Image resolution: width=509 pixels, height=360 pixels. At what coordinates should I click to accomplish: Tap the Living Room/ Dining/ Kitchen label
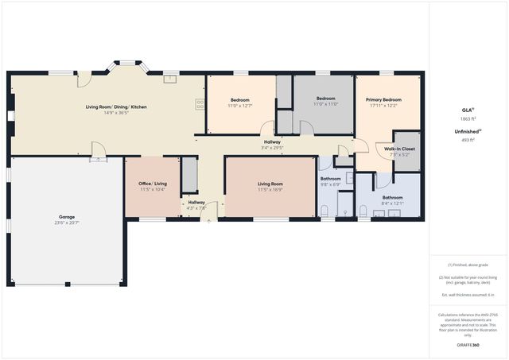pos(116,106)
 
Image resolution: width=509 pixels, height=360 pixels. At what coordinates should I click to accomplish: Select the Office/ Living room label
pos(153,183)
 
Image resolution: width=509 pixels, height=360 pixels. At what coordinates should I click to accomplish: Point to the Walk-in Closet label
pos(399,149)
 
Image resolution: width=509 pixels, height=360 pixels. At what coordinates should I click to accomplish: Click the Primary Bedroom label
pos(383,99)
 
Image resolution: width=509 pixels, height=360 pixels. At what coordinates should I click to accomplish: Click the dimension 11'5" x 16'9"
pos(270,189)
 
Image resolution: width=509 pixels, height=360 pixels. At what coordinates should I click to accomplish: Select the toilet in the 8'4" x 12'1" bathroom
pos(363,211)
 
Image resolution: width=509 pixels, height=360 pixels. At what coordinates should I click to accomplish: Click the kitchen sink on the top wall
pos(169,78)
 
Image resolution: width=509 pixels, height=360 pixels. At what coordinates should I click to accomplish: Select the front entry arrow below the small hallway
pos(209,222)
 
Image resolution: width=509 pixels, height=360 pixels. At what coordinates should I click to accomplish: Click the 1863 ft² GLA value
pos(467,118)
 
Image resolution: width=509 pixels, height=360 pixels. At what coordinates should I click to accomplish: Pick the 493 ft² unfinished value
pos(467,139)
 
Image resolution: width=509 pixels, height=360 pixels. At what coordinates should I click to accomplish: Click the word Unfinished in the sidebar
pos(465,131)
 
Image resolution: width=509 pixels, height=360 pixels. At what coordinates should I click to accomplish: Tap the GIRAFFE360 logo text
pos(467,346)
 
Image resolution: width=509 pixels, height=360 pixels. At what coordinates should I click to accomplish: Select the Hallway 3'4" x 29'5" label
pos(272,143)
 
